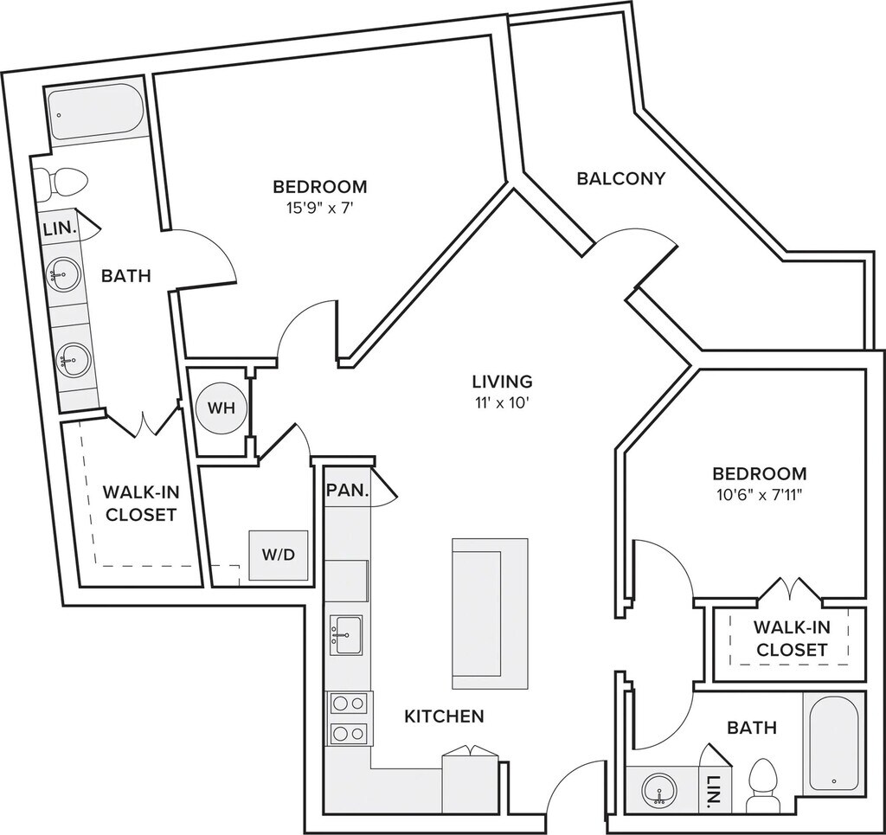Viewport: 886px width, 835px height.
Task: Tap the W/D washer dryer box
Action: coord(279,555)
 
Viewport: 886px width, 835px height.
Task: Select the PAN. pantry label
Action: coord(348,489)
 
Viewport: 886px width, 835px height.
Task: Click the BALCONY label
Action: coord(621,178)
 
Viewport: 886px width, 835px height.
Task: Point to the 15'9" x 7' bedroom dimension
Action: coord(319,208)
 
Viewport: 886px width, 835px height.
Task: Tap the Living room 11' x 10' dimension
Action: coord(501,401)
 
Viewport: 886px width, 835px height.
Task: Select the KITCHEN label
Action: coord(444,716)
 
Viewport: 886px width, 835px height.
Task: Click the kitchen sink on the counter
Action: coord(346,635)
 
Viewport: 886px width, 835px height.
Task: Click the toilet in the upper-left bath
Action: coord(64,182)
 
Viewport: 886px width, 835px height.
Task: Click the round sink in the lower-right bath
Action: coord(659,788)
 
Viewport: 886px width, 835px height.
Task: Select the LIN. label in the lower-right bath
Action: coord(713,789)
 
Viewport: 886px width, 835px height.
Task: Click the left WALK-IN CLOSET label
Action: coord(140,503)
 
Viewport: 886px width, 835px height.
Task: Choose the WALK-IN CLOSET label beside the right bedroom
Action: coord(791,638)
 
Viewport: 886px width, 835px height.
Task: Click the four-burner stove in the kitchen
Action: coord(348,718)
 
